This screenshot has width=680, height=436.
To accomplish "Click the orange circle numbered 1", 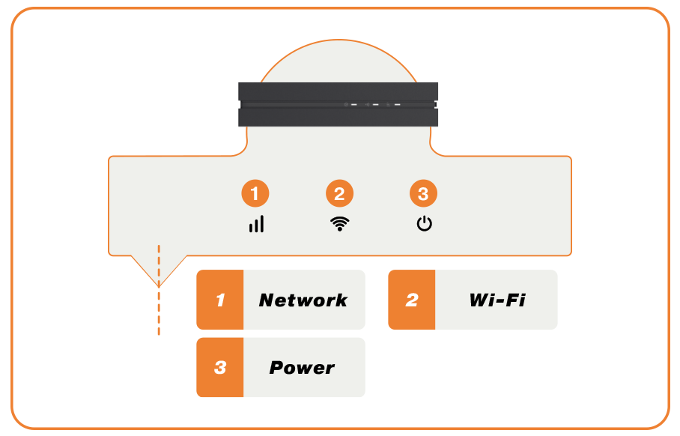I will point(255,194).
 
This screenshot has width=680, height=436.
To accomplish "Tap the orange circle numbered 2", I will point(339,194).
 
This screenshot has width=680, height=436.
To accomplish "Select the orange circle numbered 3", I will point(423,194).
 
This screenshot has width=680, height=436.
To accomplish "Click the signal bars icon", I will point(256,223).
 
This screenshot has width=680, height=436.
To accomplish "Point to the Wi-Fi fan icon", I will point(339,223).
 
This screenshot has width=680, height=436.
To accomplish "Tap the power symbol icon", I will point(424,223).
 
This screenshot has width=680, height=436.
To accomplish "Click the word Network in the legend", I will point(303,300).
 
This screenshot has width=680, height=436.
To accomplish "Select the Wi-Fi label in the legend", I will point(497,300).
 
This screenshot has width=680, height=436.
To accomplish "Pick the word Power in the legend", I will point(302,368).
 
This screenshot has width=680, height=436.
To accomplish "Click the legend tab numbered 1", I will point(220,300).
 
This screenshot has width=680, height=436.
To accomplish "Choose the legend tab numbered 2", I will point(411,300).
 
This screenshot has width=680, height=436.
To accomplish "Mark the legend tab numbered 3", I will point(220,368).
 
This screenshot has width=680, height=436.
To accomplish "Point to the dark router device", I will point(337,104).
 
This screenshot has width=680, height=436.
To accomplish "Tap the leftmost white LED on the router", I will point(353,105).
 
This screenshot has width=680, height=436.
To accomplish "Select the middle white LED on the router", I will point(376,105).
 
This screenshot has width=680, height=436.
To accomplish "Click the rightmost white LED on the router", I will point(398,105).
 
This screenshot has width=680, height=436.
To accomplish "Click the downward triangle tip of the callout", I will point(159,282).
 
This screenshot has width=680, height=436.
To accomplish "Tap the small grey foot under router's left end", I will point(242,129).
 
